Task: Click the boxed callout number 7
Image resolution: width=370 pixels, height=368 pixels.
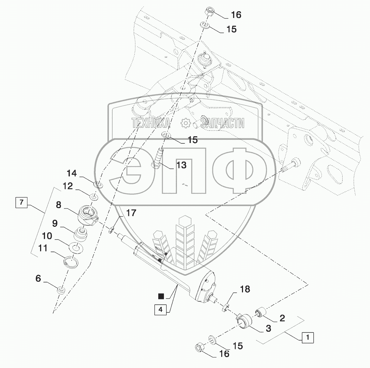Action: click(21, 202)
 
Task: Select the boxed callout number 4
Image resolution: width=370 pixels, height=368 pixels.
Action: click(160, 309)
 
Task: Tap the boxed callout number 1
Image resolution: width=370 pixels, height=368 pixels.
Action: click(308, 337)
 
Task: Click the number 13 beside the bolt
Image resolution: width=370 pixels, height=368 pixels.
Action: click(181, 165)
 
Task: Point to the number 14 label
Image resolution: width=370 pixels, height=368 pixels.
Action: click(72, 173)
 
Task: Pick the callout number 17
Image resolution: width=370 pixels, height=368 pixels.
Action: click(131, 213)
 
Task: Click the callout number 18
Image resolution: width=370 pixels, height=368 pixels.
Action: click(245, 289)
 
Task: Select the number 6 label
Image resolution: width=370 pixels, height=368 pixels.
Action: click(38, 279)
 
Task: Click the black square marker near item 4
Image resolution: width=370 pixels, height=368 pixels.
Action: click(161, 296)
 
